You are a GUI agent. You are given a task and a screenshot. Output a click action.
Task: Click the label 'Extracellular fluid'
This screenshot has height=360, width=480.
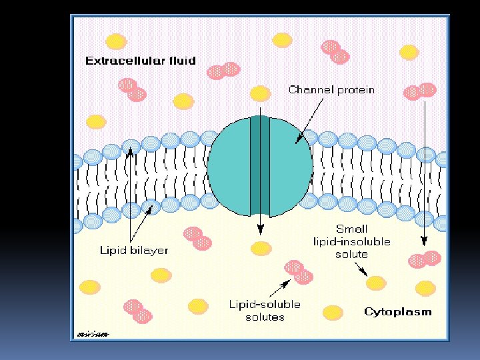tap(140, 61)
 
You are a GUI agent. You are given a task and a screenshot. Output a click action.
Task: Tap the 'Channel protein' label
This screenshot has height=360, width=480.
tap(331, 89)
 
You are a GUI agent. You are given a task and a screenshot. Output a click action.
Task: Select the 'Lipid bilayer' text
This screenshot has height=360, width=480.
tap(133, 251)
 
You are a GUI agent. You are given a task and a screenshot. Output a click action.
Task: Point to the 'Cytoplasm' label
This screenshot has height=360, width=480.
tap(397, 311)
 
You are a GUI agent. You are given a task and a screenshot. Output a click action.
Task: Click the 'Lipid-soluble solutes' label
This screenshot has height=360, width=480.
tap(265, 310)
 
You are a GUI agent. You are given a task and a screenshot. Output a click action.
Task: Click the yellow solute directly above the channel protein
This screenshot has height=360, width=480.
tap(260, 93)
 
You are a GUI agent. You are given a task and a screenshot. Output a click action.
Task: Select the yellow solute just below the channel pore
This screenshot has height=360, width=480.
tap(261, 249)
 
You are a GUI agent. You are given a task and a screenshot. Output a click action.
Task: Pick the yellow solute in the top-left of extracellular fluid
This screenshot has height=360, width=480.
tap(117, 41)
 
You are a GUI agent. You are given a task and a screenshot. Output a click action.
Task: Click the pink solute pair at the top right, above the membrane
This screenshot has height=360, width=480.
tap(420, 91)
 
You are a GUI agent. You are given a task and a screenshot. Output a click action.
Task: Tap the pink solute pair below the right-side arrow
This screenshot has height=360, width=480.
tap(425, 259)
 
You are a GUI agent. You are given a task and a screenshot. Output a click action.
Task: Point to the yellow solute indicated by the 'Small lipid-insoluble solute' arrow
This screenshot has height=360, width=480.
tap(376, 283)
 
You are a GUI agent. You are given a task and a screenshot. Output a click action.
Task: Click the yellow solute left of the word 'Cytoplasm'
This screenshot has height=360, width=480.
tap(333, 312)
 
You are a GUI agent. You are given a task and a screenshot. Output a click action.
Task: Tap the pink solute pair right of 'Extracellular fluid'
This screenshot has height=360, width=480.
tap(223, 70)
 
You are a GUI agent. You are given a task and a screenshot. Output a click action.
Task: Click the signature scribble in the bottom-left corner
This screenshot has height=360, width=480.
tap(93, 333)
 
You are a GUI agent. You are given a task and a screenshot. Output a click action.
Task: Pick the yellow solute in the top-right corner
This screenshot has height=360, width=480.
tap(409, 52)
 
